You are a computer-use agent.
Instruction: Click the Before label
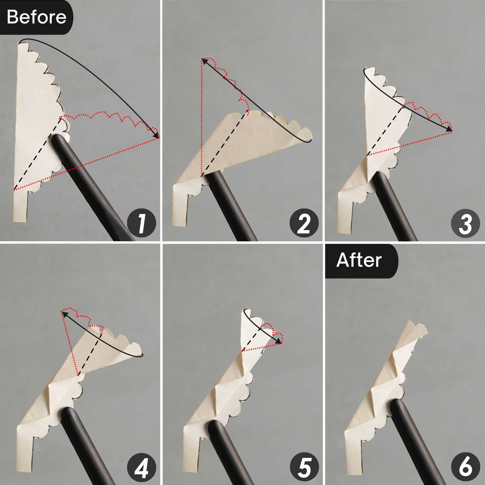pos(36,17)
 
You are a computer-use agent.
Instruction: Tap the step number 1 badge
pos(141,223)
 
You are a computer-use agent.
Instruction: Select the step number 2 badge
pos(304,223)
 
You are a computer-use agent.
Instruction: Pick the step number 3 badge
pos(466,223)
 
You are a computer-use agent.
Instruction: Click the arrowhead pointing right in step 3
pos(449,129)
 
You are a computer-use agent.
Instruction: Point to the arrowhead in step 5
pos(278,341)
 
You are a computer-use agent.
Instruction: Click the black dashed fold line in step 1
pos(37,153)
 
